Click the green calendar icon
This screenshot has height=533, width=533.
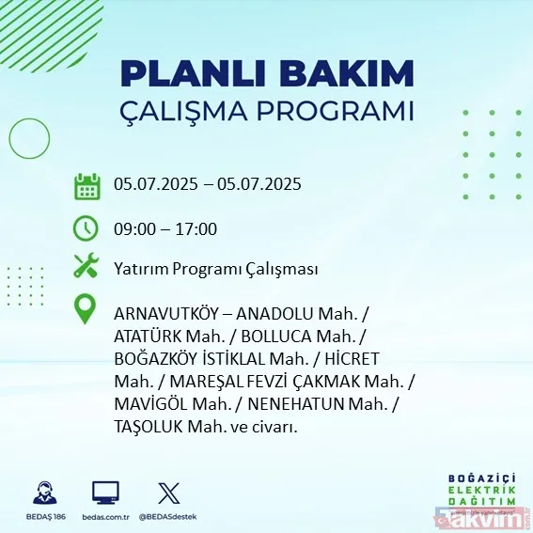[x=86, y=186]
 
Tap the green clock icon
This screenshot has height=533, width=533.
[x=86, y=228]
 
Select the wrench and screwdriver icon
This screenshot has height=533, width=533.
[x=86, y=267]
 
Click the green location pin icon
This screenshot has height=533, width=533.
[x=86, y=308]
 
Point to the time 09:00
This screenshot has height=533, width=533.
[x=133, y=229]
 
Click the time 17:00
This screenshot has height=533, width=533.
[x=197, y=229]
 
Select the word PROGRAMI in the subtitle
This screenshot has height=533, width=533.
[x=335, y=111]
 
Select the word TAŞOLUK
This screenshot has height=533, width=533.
[x=149, y=427]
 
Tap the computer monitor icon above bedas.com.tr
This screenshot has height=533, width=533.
[x=105, y=493]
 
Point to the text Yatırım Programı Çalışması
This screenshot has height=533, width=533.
[x=215, y=269]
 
